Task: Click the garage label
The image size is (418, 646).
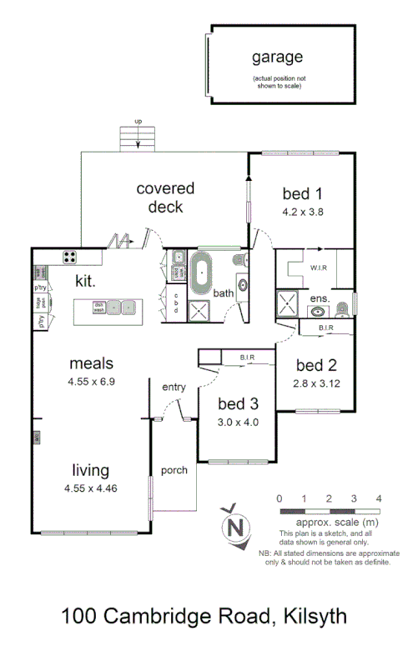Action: pyautogui.click(x=278, y=58)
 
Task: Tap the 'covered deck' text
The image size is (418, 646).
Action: pyautogui.click(x=165, y=198)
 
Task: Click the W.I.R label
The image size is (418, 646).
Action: pyautogui.click(x=318, y=268)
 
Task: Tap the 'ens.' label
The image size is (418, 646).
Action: pyautogui.click(x=320, y=298)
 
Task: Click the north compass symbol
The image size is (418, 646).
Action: pyautogui.click(x=236, y=526)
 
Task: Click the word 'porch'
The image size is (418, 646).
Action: pyautogui.click(x=174, y=470)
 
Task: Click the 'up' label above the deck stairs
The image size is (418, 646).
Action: pyautogui.click(x=138, y=122)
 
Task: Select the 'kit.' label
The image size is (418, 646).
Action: pyautogui.click(x=86, y=281)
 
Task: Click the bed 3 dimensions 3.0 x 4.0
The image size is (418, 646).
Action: pyautogui.click(x=238, y=422)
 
